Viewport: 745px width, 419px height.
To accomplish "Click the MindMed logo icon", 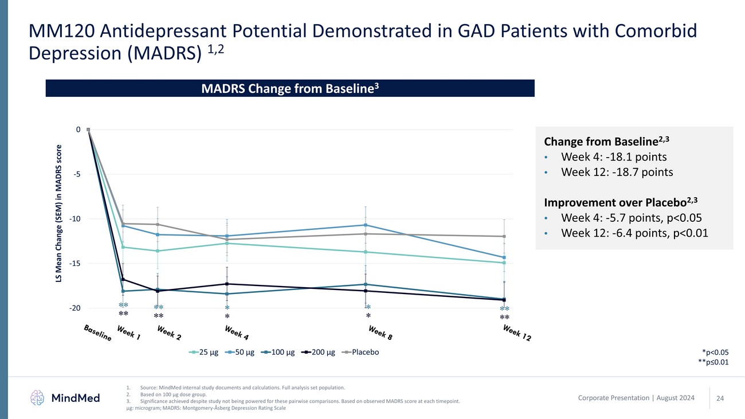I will [x=37, y=397].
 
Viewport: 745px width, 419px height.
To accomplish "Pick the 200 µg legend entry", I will [x=322, y=351].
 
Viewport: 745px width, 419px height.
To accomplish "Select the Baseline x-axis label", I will [x=97, y=333].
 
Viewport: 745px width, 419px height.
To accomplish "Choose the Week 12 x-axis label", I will [x=516, y=333].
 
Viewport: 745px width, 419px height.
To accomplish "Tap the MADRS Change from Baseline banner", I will [x=290, y=88].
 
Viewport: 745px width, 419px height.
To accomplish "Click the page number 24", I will [x=720, y=398].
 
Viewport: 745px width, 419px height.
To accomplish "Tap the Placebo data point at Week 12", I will [x=504, y=236].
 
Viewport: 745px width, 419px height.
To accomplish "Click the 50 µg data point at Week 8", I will [x=365, y=225].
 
